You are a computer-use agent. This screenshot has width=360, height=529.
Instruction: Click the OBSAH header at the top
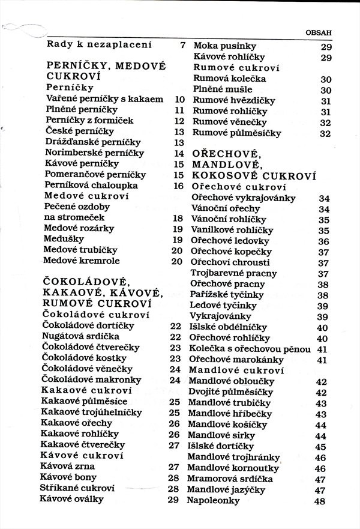[335, 33]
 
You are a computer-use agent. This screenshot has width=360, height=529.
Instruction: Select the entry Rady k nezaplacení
[100, 45]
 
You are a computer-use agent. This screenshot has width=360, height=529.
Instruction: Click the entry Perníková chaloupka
[91, 186]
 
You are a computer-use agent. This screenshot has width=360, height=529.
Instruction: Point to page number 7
[182, 46]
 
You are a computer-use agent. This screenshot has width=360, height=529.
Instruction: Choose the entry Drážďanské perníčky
[94, 142]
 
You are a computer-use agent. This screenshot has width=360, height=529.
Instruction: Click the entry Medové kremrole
[82, 261]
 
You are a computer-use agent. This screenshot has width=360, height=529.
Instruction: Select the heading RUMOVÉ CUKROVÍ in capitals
[96, 304]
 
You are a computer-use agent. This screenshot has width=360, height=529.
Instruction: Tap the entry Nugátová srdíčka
[80, 336]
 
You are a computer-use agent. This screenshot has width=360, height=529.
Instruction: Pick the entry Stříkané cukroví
[77, 488]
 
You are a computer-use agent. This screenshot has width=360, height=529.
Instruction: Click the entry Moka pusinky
[224, 46]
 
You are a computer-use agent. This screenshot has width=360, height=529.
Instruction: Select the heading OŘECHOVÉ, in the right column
[227, 154]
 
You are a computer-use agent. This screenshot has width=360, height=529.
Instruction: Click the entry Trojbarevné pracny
[233, 273]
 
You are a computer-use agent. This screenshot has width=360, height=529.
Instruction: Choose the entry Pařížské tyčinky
[226, 295]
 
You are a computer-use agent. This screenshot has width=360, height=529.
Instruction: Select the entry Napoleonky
[215, 500]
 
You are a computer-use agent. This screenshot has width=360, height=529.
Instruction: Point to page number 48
[319, 501]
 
